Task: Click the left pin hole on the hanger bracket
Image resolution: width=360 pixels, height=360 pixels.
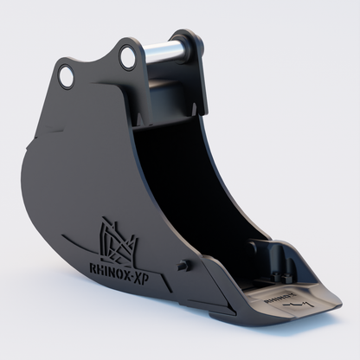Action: [66, 76]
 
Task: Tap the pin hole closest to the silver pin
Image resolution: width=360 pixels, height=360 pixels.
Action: [128, 59]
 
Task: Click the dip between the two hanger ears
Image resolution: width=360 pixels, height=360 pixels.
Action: [97, 54]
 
